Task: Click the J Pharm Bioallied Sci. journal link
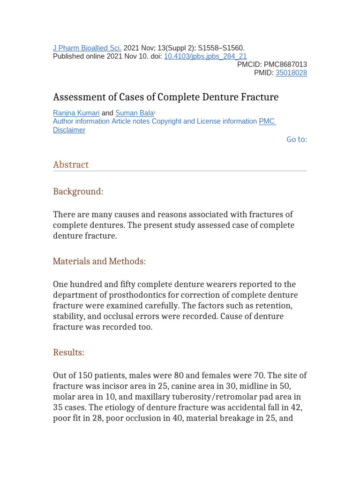click(87, 48)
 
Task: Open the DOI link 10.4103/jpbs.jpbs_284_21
click(205, 56)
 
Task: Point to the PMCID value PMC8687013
click(285, 64)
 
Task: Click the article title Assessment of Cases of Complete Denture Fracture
click(165, 97)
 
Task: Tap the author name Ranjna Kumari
click(76, 113)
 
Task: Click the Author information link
click(81, 121)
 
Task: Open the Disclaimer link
click(69, 130)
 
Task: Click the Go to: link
click(297, 139)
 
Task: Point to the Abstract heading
click(71, 165)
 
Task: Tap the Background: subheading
click(78, 191)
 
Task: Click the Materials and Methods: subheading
click(99, 261)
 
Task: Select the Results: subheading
click(68, 352)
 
